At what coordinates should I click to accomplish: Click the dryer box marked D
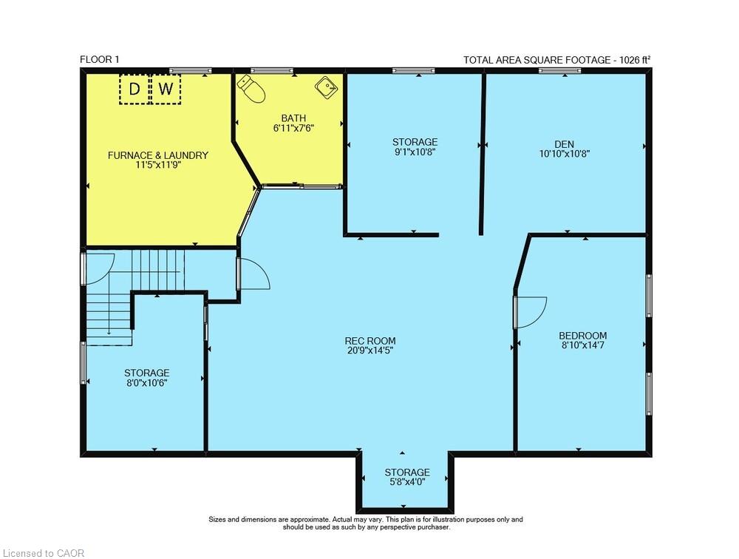pyautogui.click(x=134, y=89)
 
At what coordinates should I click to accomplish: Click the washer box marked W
pyautogui.click(x=167, y=89)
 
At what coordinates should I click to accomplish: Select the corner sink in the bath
pyautogui.click(x=326, y=88)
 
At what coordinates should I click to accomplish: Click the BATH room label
pyautogui.click(x=293, y=118)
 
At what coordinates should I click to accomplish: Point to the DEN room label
pyautogui.click(x=564, y=144)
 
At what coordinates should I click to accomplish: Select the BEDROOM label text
pyautogui.click(x=582, y=335)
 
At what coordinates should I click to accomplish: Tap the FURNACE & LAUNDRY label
pyautogui.click(x=158, y=155)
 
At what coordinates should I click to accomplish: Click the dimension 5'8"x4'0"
pyautogui.click(x=406, y=482)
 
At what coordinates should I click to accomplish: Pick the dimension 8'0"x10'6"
pyautogui.click(x=146, y=383)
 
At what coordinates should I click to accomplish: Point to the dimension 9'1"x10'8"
pyautogui.click(x=415, y=152)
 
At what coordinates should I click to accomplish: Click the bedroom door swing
pyautogui.click(x=531, y=311)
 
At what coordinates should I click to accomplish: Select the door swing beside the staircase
pyautogui.click(x=254, y=273)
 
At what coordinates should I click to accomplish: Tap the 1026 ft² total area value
pyautogui.click(x=635, y=60)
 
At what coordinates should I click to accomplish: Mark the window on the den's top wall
pyautogui.click(x=559, y=71)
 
